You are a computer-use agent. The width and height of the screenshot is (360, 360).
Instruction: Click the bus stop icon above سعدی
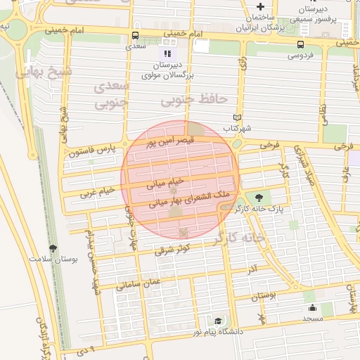point(135,35)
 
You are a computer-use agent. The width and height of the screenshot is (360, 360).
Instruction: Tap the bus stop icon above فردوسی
point(300,44)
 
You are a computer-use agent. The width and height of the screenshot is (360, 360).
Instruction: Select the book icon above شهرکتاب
point(237,118)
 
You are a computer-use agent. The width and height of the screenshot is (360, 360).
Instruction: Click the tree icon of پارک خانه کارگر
point(258,198)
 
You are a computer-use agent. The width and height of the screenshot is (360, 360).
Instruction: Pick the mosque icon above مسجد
point(311,307)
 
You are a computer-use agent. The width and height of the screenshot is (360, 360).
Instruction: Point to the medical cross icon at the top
point(260,6)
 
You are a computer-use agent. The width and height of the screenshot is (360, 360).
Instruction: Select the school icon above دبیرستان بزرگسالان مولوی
point(167,53)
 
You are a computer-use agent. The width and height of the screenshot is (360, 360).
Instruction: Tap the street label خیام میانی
point(165,184)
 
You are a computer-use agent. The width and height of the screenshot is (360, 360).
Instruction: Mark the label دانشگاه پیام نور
point(208,330)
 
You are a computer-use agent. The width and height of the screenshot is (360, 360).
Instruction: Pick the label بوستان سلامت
point(53,258)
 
